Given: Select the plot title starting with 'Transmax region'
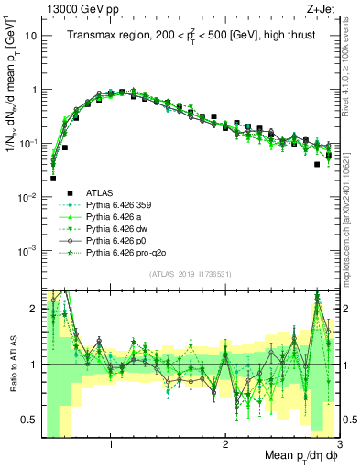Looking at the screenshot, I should (190, 34).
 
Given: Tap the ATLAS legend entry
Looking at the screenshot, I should (100, 192).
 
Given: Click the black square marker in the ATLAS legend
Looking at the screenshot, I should (69, 192).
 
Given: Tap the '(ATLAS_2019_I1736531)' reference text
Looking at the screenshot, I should (190, 275).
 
